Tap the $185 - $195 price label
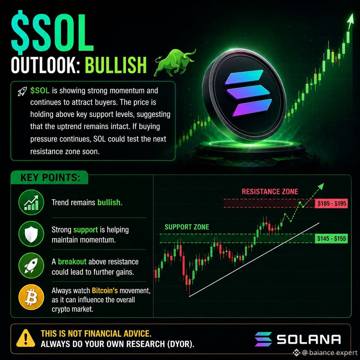click(331, 203)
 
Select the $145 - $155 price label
click(331, 238)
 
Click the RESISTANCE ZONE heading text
click(270, 191)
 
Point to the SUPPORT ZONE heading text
click(187, 227)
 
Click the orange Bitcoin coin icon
click(31, 297)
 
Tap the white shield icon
click(31, 234)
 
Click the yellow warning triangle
click(26, 339)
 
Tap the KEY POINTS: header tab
click(50, 177)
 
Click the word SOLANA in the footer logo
click(309, 339)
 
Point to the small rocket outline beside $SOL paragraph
click(22, 92)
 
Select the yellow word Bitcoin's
click(105, 291)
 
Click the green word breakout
click(72, 262)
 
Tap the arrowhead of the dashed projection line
click(321, 186)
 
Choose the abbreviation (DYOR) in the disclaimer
click(181, 344)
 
